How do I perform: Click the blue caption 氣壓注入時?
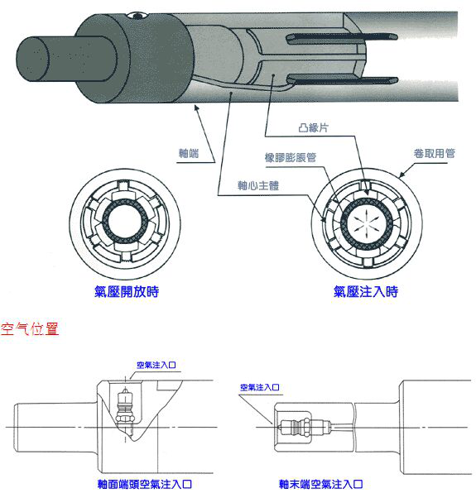[x=365, y=291]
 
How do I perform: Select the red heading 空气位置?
[x=31, y=328]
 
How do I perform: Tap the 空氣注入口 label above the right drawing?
[x=260, y=386]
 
